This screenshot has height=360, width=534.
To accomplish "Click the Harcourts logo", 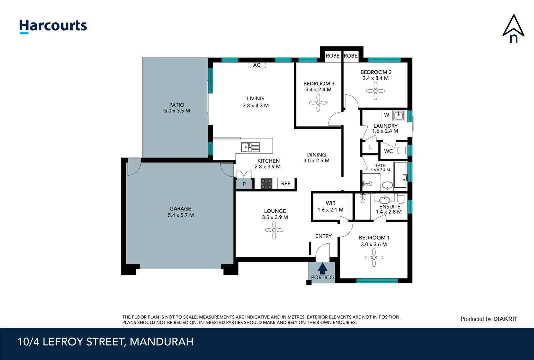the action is (x=53, y=26).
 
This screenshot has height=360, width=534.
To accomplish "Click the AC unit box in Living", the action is (x=257, y=65).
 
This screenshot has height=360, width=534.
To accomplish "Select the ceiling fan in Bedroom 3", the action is (x=318, y=103).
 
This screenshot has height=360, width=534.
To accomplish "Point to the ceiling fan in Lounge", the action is (x=274, y=230).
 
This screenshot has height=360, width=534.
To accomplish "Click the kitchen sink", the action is (x=250, y=147).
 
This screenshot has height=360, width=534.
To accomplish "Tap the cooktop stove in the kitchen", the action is (x=266, y=184).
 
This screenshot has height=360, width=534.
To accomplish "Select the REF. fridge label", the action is (x=286, y=183).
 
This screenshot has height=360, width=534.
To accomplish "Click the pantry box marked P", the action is (x=244, y=184).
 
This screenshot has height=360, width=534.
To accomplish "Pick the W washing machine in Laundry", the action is (x=386, y=115).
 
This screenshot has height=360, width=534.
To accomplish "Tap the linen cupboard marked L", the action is (x=370, y=147).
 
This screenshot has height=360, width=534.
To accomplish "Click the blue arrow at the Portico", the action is (x=322, y=268).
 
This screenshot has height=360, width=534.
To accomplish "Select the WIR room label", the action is (x=330, y=203).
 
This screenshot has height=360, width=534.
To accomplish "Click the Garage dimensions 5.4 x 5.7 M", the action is (x=181, y=215).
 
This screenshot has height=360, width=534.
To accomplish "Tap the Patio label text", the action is (x=177, y=105).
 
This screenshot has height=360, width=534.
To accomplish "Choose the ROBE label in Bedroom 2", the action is (x=351, y=56).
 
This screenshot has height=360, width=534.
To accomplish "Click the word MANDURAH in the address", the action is (x=161, y=342).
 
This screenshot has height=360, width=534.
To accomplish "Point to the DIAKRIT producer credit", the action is (x=505, y=319).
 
